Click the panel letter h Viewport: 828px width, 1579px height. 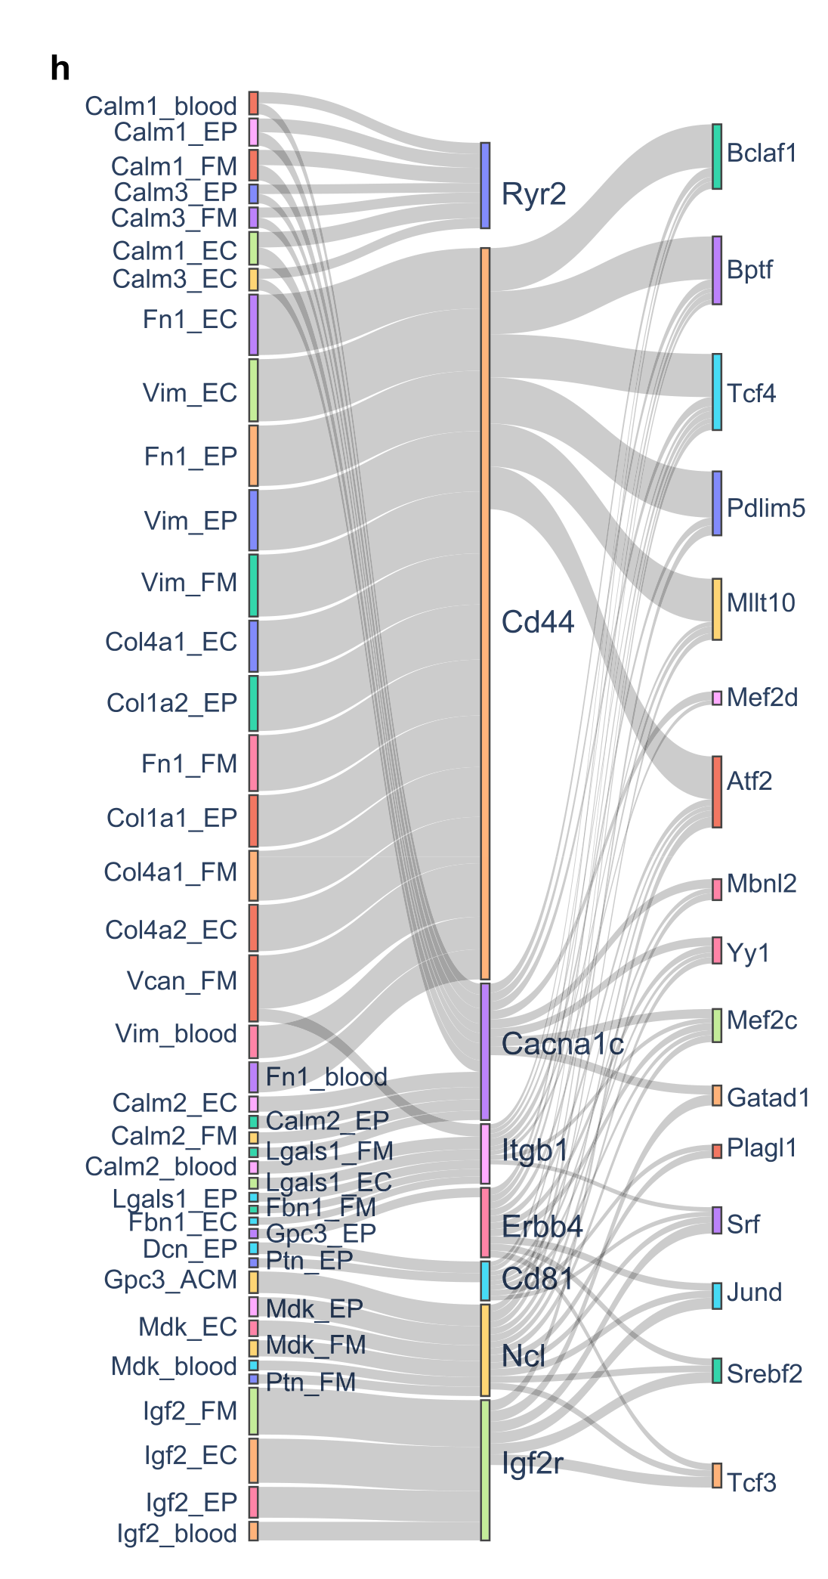tap(60, 70)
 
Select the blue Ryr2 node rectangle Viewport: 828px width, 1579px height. tap(485, 185)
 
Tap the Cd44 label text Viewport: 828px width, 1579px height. tap(538, 622)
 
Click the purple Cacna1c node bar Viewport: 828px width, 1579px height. tap(485, 1051)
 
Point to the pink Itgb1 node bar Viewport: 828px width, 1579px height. tap(485, 1153)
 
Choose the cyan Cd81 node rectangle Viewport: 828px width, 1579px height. tap(485, 1280)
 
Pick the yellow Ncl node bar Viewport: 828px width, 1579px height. tap(485, 1350)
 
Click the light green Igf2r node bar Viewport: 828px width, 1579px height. tap(485, 1469)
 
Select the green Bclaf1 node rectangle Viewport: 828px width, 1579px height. tap(717, 156)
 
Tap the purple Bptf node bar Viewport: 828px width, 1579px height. tap(717, 271)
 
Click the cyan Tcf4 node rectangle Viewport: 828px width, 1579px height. tap(717, 392)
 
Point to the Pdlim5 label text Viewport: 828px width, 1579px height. tap(765, 508)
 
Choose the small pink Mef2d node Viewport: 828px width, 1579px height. tap(717, 698)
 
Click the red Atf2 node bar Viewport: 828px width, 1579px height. tap(717, 791)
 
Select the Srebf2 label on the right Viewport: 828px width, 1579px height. tap(765, 1373)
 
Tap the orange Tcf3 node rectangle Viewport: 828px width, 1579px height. tap(717, 1475)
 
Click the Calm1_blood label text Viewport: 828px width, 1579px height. tap(161, 106)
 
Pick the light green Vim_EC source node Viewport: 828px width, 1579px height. tap(254, 390)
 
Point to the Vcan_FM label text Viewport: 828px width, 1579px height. tap(182, 981)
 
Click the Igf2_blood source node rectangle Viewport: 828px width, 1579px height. tap(254, 1531)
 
